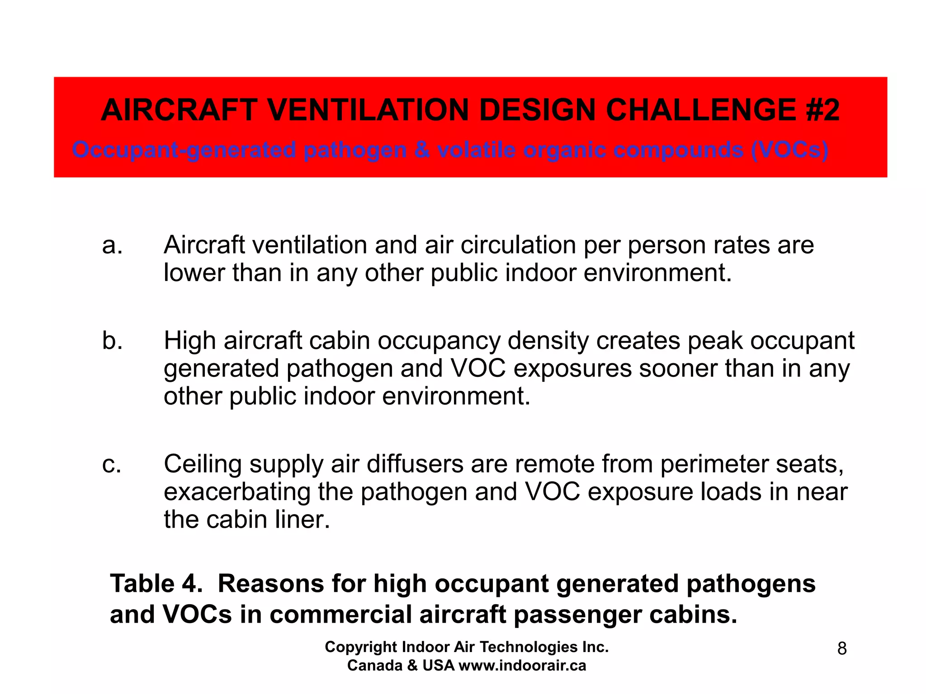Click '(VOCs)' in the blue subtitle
tap(789, 150)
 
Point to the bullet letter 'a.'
tap(112, 245)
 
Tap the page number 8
tap(841, 649)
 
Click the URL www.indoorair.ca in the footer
tap(522, 666)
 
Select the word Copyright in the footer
tap(361, 647)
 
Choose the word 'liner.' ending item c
tap(302, 520)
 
